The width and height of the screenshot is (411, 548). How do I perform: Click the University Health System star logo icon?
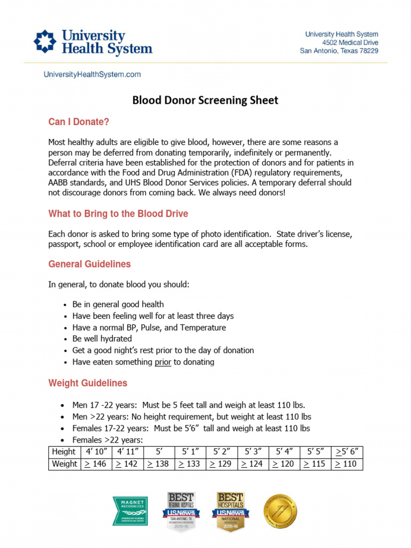[44, 41]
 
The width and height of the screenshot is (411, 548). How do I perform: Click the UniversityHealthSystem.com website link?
[92, 75]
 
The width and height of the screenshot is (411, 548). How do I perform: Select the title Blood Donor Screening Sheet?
[205, 100]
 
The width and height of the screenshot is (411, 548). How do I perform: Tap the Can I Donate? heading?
[79, 122]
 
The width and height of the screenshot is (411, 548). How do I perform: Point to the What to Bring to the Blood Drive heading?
[118, 214]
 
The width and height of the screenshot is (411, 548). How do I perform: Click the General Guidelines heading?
[89, 264]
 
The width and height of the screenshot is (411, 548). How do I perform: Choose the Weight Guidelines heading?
[88, 383]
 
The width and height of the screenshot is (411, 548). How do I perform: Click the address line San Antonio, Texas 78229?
[339, 51]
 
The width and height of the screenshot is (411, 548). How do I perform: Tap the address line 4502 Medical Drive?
[350, 42]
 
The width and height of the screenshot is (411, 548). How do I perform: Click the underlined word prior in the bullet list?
[163, 362]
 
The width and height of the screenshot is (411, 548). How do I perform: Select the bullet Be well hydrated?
[102, 339]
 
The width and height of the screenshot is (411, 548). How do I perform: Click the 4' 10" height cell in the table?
[96, 452]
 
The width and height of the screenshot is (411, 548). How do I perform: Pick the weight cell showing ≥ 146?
[96, 464]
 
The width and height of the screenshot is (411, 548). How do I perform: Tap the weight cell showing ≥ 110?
[347, 464]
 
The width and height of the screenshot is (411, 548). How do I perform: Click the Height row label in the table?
[64, 452]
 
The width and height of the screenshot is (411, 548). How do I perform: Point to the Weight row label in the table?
[64, 464]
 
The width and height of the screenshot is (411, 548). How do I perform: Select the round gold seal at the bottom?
[280, 511]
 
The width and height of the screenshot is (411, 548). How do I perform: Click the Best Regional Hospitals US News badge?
[181, 511]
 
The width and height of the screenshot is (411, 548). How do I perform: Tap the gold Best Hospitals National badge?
[230, 511]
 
